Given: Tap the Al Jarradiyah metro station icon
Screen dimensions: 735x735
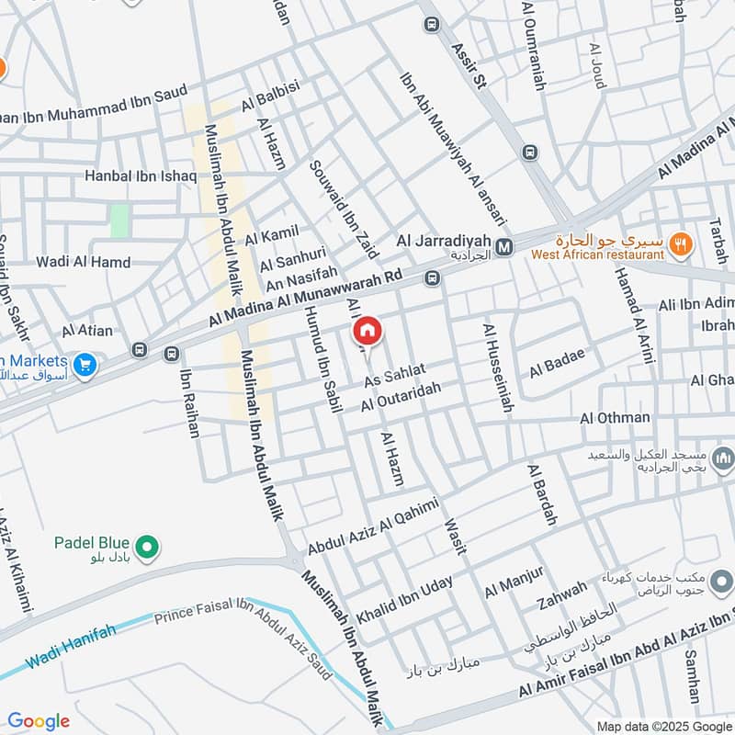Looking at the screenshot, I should tap(504, 246).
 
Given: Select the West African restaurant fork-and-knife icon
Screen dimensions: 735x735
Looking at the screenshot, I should tap(680, 243).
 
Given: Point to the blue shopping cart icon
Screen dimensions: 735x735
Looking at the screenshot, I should tap(85, 366).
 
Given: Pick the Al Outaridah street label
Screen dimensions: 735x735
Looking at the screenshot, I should tap(401, 397).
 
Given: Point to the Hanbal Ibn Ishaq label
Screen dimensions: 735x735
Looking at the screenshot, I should tap(141, 175).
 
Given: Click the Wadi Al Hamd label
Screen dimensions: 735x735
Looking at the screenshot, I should tap(84, 262).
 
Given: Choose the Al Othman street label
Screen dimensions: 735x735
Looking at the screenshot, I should tap(615, 418).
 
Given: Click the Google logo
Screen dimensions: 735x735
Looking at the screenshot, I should tap(39, 721).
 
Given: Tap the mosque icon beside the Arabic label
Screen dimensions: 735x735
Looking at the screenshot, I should tap(723, 457).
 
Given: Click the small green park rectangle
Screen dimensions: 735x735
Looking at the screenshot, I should tap(119, 220).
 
